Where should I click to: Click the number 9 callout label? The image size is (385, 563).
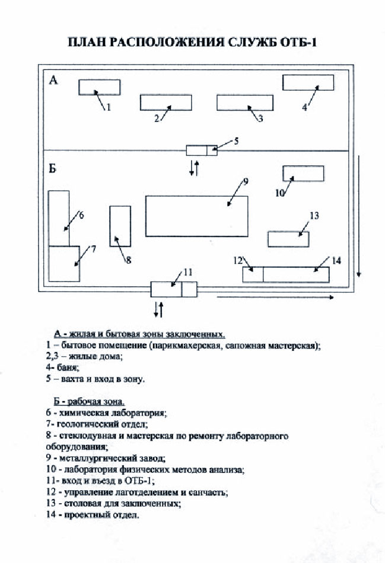(x=245, y=181)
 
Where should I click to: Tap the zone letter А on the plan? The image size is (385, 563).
(x=53, y=81)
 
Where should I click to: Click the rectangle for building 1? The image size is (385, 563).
(x=99, y=87)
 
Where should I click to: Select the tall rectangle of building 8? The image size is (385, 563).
(x=120, y=226)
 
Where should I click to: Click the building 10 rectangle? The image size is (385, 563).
(x=303, y=173)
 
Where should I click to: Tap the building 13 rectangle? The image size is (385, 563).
(x=288, y=239)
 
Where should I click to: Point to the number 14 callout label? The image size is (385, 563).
(x=336, y=260)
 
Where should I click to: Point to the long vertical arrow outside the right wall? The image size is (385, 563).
(x=358, y=216)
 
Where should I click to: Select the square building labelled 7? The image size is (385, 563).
(x=64, y=264)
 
